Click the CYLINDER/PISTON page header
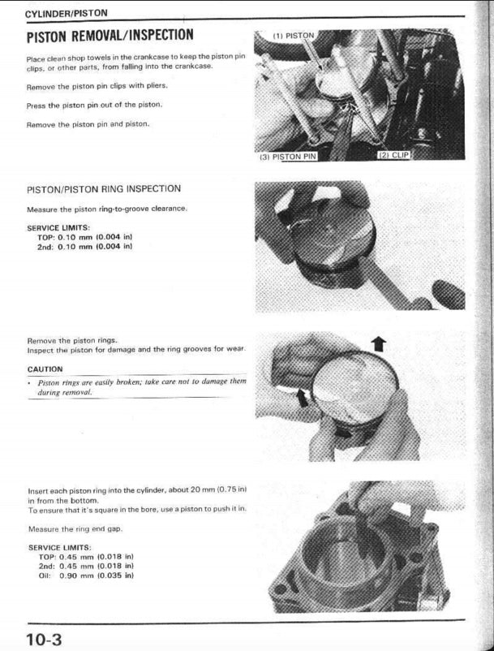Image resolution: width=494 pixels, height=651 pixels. (x=67, y=14)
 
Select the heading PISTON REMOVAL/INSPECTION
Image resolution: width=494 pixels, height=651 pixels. (x=110, y=36)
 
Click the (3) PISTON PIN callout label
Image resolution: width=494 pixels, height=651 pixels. (x=287, y=155)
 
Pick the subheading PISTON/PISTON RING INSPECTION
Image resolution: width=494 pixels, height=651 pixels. (x=104, y=188)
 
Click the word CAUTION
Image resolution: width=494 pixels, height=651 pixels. (x=45, y=369)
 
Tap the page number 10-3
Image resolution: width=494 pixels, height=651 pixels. (x=44, y=638)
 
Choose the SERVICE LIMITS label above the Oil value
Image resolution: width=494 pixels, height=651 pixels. (x=58, y=547)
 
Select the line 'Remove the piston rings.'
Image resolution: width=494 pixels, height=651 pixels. (x=72, y=340)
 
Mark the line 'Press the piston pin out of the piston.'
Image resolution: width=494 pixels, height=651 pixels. (x=94, y=105)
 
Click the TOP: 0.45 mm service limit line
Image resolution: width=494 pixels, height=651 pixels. (x=85, y=556)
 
